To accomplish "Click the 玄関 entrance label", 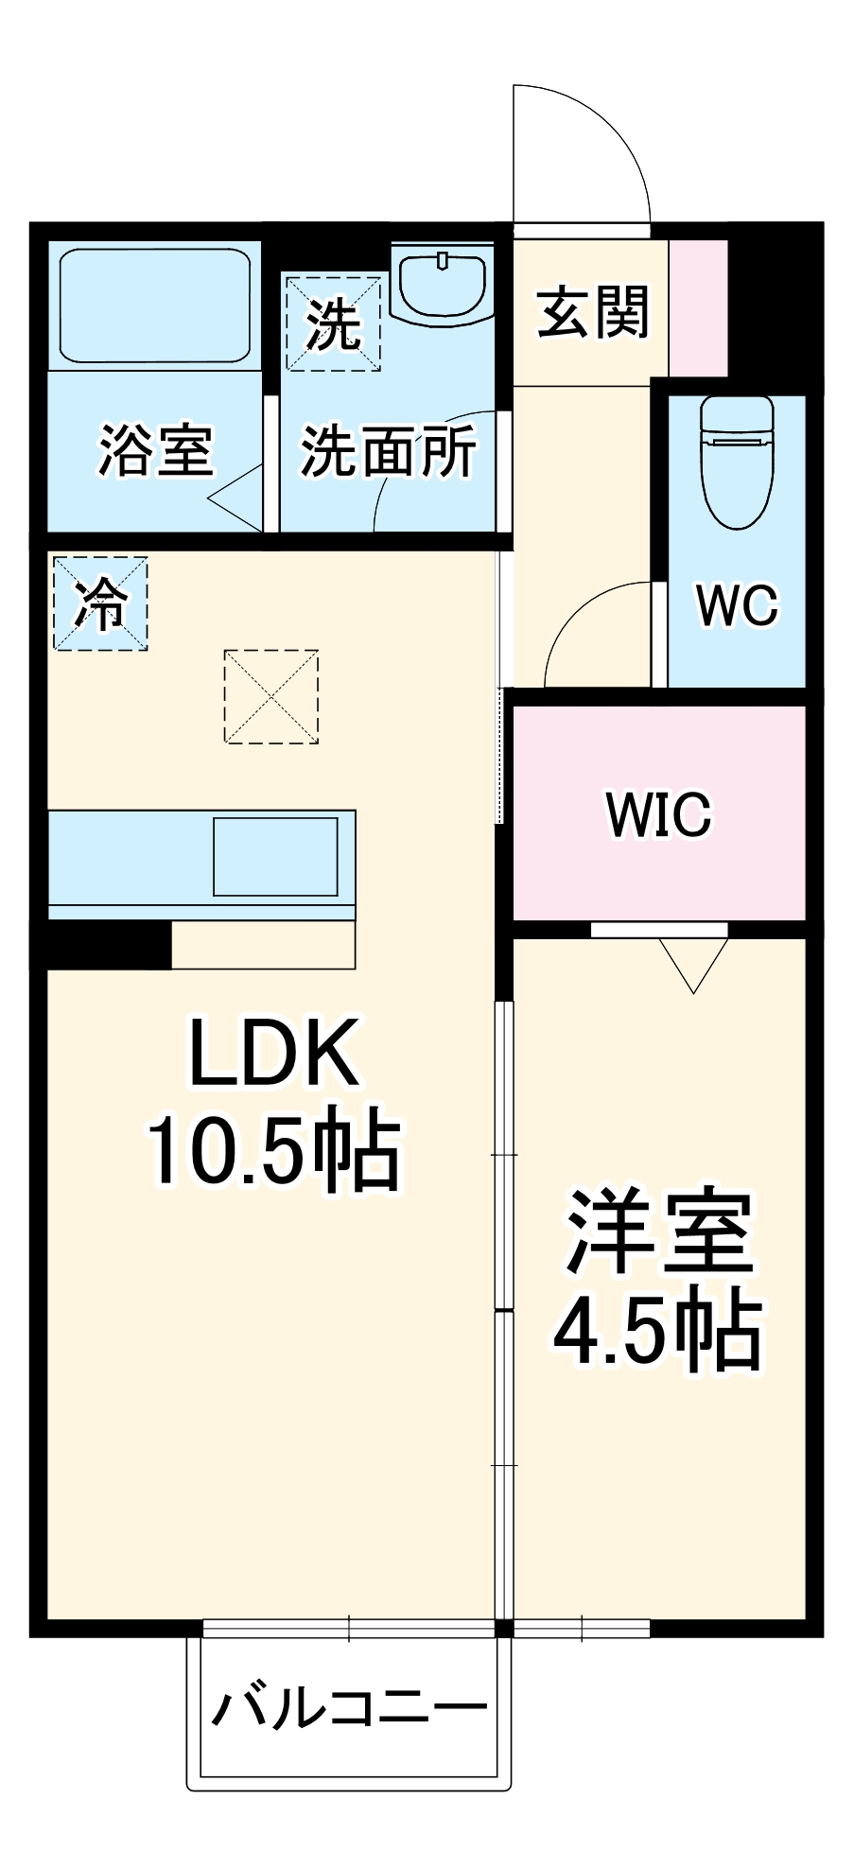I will pyautogui.click(x=593, y=312).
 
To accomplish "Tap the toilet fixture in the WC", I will pyautogui.click(x=737, y=461).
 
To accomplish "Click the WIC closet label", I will pyautogui.click(x=658, y=813).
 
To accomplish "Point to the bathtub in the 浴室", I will pyautogui.click(x=154, y=306).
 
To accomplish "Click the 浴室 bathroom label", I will pyautogui.click(x=156, y=450).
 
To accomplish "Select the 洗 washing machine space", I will pyautogui.click(x=333, y=323).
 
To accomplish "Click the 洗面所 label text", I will pyautogui.click(x=388, y=451).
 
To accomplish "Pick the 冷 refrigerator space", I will pyautogui.click(x=100, y=603).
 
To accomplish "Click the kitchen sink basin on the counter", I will pyautogui.click(x=275, y=856).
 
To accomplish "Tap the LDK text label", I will pyautogui.click(x=274, y=1053).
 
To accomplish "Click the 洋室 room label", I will pyautogui.click(x=659, y=1232).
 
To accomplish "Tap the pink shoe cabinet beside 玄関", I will pyautogui.click(x=699, y=307).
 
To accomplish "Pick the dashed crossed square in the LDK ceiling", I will pyautogui.click(x=270, y=696).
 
